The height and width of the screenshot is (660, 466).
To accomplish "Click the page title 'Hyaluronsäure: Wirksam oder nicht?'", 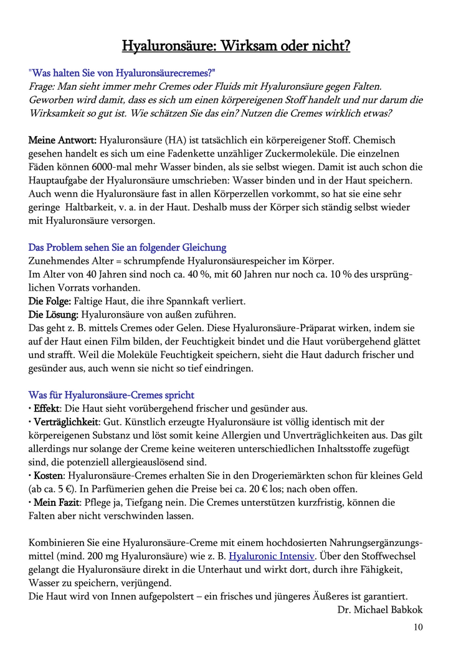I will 235,46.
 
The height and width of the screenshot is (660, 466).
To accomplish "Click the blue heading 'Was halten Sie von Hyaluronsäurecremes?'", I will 122,73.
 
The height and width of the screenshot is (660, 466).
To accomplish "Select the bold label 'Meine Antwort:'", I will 62,140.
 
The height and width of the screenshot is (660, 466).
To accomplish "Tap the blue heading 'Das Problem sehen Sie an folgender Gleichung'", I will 127,248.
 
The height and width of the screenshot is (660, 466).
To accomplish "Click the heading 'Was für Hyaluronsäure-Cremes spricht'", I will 112,395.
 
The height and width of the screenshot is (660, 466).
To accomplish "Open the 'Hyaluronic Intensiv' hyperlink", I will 272,556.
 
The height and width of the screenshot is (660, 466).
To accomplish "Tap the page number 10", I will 417,627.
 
